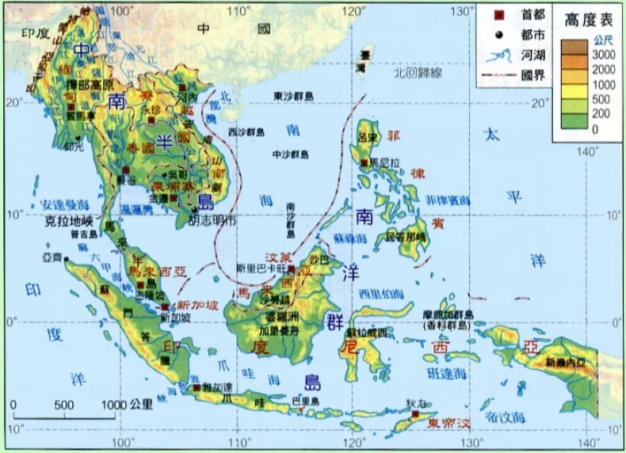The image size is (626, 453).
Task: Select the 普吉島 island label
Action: point(84,234)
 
